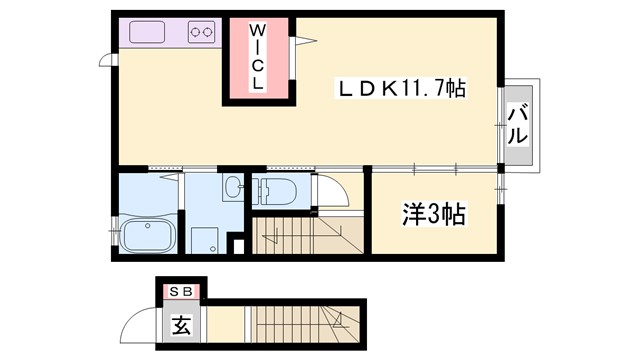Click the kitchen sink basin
pos(149,32)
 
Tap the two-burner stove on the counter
pos(201,32)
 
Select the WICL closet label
pos(257,58)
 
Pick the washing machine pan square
pos(206,240)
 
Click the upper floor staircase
pos(300,236)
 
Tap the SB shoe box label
pos(182,291)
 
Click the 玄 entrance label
pos(182,324)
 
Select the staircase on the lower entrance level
pos(300,326)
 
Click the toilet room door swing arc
pos(331,193)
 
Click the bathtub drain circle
pos(149,227)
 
